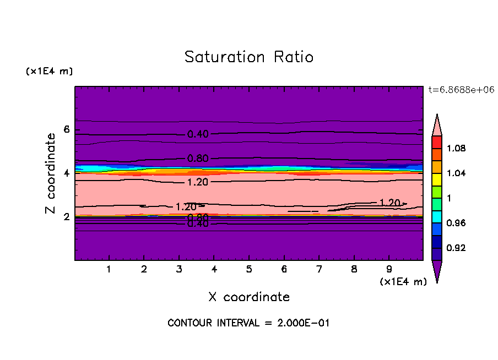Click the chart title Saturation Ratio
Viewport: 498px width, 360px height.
249,57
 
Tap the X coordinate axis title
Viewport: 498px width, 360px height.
249,297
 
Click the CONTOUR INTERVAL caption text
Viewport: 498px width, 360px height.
248,323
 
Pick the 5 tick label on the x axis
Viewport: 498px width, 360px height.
249,269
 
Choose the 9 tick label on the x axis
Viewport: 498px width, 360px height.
389,269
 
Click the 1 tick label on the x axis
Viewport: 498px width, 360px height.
109,269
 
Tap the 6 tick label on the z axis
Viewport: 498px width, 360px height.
67,130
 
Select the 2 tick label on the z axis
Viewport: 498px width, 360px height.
67,217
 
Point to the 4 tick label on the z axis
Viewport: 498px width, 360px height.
67,173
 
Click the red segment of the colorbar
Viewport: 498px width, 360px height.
437,141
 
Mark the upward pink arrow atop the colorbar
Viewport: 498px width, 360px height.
437,124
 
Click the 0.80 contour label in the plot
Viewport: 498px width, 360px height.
198,159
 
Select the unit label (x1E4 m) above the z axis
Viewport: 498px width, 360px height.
49,72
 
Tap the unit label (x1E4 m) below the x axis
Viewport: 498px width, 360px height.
403,282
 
